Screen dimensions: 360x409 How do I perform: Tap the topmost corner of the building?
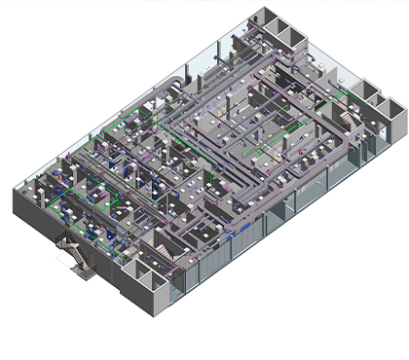(x=255, y=8)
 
